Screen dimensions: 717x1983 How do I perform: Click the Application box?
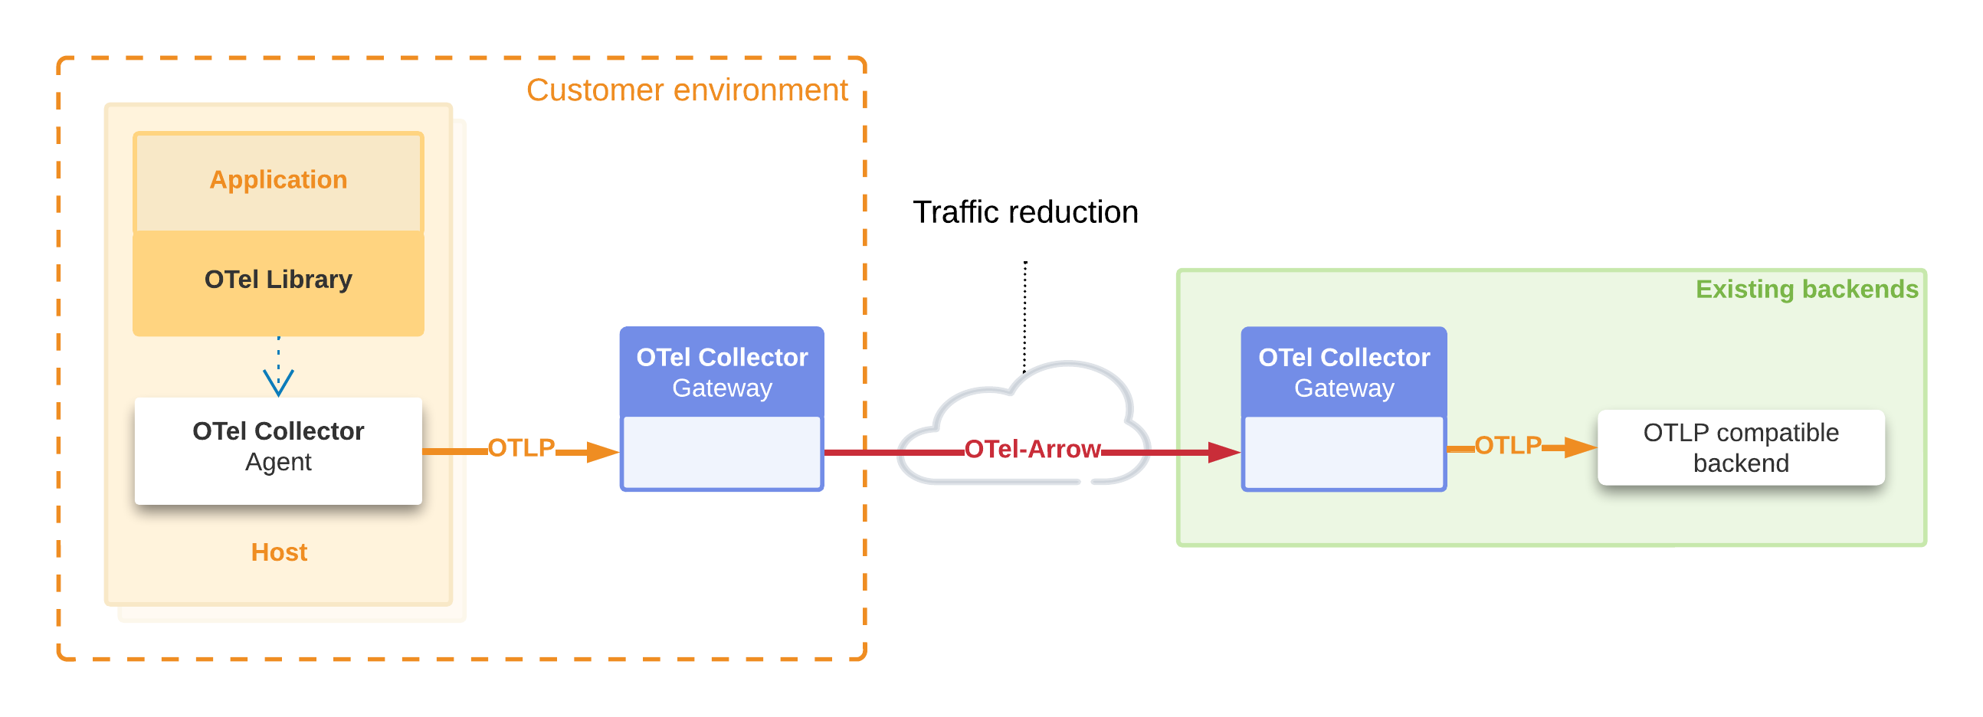[278, 180]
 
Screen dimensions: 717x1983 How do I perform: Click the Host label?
[279, 552]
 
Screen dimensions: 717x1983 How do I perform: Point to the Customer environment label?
[687, 90]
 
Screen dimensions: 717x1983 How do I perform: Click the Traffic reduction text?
[1024, 212]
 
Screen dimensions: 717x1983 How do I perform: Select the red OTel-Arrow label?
[1031, 450]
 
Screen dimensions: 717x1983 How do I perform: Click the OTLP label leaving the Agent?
[521, 447]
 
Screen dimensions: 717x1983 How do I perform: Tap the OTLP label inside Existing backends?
[1507, 445]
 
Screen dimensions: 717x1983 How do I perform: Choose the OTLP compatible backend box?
[1741, 447]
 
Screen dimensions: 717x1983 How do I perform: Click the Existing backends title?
[1806, 290]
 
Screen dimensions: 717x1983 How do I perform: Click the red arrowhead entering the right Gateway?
[1224, 453]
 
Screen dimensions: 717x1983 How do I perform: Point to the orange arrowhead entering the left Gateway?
[602, 453]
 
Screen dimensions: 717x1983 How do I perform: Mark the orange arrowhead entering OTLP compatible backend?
[1580, 447]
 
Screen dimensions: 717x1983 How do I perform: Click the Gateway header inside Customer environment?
[721, 372]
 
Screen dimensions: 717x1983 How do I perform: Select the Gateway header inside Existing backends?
[1343, 372]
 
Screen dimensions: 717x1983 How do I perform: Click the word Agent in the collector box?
[278, 463]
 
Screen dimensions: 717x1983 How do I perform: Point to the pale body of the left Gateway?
[721, 453]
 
